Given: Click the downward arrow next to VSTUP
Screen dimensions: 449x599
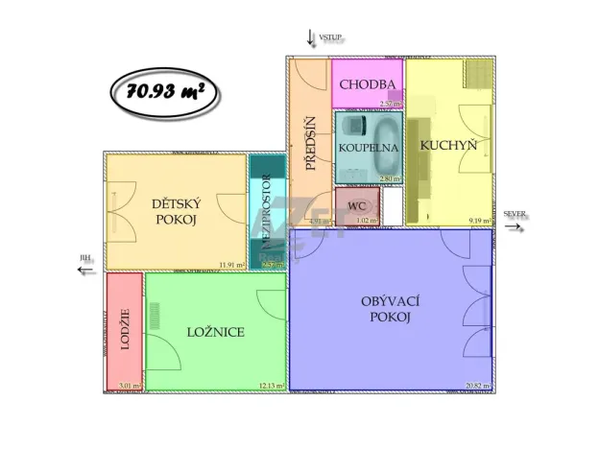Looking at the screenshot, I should (x=310, y=37).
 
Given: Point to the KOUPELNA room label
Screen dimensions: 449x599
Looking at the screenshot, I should (x=368, y=149).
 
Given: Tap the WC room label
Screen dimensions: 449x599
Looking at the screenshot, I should (x=356, y=205).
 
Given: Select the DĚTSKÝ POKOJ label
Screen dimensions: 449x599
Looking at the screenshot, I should (x=175, y=211).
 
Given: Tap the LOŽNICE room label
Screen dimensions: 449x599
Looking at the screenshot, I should (x=216, y=332).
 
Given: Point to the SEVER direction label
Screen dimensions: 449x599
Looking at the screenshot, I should (x=515, y=213).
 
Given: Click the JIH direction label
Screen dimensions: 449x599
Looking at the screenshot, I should (x=86, y=259).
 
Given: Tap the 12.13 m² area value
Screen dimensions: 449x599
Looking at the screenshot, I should (x=271, y=386).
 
